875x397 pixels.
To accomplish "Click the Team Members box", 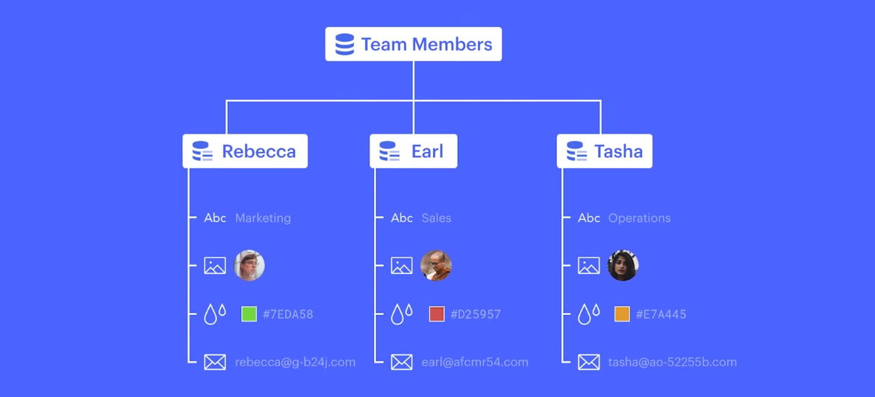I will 413,44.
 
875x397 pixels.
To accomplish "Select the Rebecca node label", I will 258,151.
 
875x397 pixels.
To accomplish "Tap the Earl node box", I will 413,151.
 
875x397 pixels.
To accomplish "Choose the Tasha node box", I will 604,151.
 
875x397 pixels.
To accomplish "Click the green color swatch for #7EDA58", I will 249,314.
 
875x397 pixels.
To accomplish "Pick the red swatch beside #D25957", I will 437,314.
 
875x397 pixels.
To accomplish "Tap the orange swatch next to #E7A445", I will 622,314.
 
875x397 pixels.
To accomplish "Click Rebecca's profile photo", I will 249,266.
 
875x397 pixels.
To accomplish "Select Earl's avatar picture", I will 436,266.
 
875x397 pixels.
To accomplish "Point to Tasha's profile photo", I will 623,266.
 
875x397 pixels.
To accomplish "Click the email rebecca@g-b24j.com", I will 295,363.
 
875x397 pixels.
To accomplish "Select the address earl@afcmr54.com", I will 474,363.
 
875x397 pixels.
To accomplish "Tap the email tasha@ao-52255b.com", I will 672,363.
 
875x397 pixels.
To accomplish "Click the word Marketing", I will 263,219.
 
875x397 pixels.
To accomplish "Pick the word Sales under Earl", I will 436,219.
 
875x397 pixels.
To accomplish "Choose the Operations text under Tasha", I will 639,219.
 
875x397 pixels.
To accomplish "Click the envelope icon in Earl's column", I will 402,363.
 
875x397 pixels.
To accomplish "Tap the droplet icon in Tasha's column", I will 588,314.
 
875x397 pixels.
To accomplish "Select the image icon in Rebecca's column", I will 215,266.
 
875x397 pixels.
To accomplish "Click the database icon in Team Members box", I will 345,44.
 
